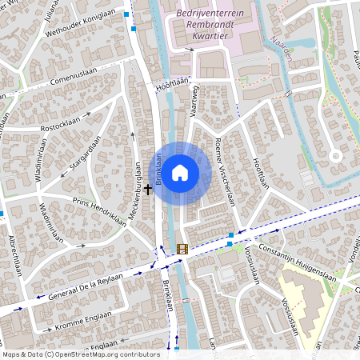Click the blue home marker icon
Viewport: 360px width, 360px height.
[180, 172]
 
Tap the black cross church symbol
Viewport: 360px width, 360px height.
[147, 189]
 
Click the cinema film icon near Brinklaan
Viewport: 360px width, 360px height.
[182, 249]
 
